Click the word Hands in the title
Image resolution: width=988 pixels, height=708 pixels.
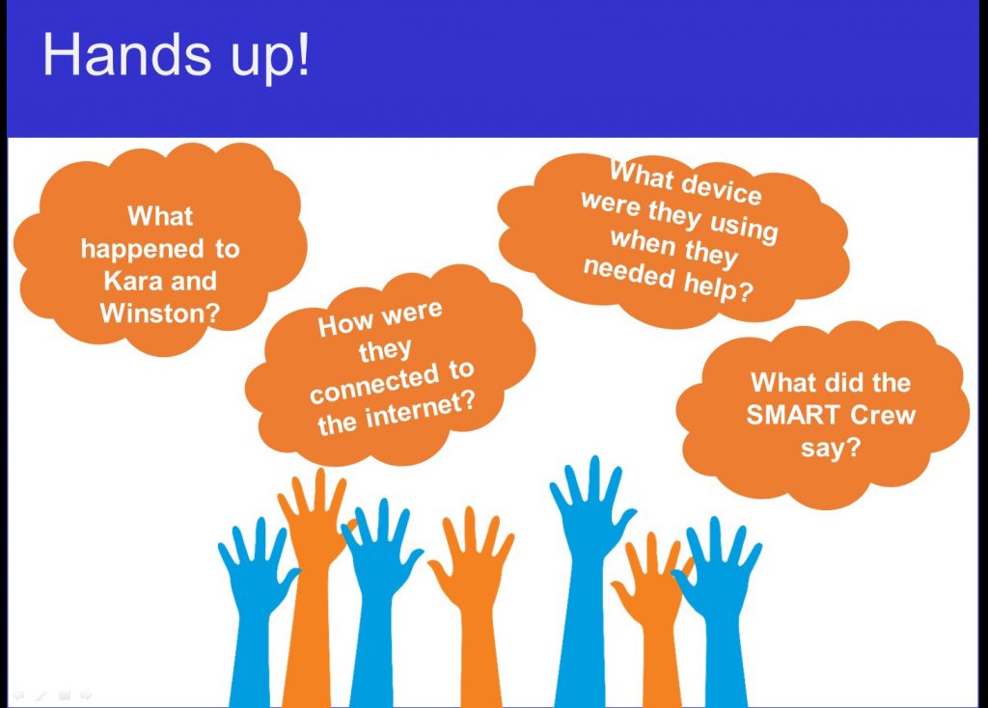pyautogui.click(x=126, y=54)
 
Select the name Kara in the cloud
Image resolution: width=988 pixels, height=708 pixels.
pyautogui.click(x=131, y=281)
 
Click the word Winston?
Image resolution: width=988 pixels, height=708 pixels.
pyautogui.click(x=160, y=313)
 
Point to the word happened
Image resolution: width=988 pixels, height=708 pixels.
pyautogui.click(x=143, y=250)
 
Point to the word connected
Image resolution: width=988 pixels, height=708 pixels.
pyautogui.click(x=374, y=384)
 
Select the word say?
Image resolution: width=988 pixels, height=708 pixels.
pyautogui.click(x=831, y=449)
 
